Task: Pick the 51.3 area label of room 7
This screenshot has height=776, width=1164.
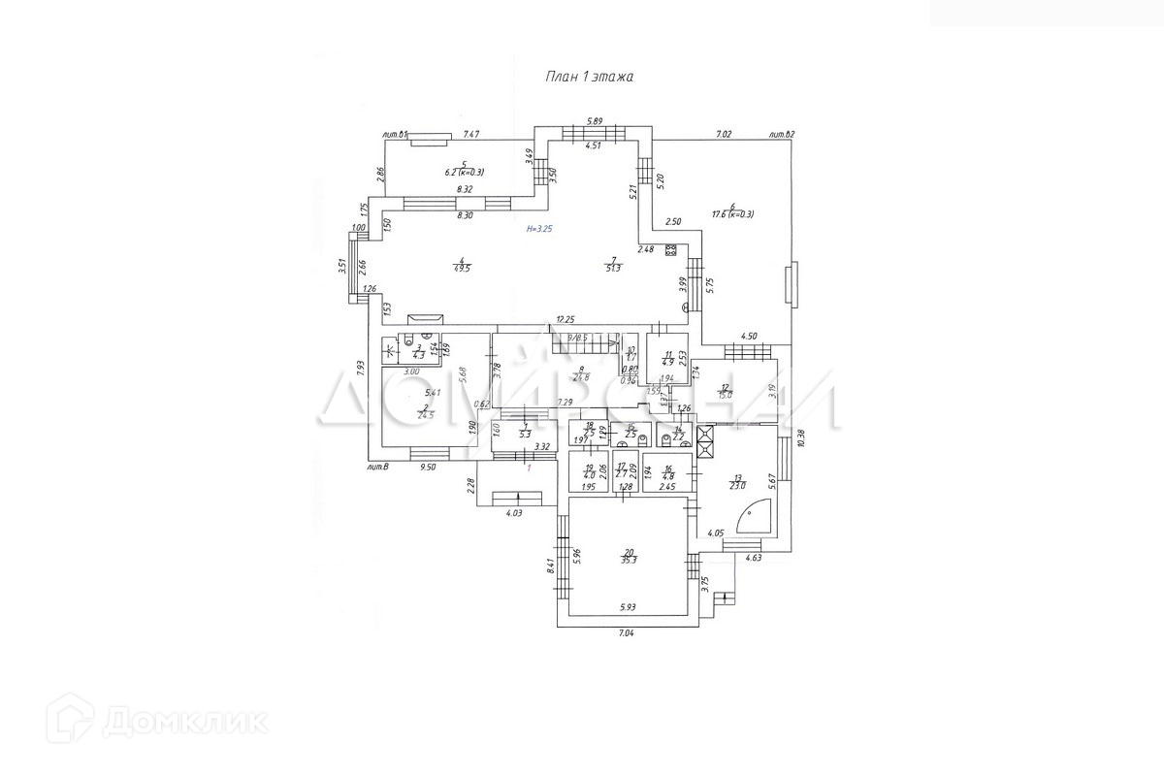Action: tap(612, 269)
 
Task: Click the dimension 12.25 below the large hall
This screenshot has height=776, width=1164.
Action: tap(566, 319)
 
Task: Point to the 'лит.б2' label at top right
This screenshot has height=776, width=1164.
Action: tap(781, 135)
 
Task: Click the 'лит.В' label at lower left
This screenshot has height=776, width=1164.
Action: tap(378, 468)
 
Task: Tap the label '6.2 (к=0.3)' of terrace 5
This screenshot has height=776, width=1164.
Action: tap(465, 172)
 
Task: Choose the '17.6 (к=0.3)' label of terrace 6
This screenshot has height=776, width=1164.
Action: tap(732, 214)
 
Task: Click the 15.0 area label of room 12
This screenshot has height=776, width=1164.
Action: tap(725, 393)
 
